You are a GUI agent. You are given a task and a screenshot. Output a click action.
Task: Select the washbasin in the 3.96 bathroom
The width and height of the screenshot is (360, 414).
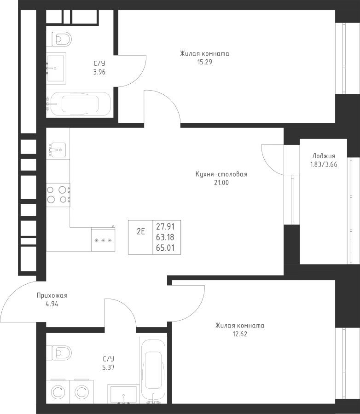56,67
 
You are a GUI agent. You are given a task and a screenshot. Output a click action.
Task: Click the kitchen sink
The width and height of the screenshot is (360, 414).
57,149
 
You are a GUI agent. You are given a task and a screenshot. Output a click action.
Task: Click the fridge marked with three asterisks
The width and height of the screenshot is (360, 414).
103,240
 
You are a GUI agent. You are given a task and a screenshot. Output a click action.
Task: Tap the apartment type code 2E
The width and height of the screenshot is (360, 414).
140,231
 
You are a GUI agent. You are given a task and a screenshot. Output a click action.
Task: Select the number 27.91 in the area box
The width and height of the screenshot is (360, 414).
168,227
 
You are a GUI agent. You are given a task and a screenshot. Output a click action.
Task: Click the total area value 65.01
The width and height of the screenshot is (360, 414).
168,249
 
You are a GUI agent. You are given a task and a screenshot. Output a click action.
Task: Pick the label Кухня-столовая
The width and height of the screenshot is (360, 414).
221,174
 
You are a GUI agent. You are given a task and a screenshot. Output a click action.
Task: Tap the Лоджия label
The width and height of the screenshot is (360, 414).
323,156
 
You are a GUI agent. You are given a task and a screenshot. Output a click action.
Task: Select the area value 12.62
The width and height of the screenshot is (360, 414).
239,333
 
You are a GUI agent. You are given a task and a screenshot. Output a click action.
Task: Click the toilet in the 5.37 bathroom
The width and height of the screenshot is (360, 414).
60,352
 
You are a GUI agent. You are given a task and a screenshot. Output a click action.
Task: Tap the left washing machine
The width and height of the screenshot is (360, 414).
58,392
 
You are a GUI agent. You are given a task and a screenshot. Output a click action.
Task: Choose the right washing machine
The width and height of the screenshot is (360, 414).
81,392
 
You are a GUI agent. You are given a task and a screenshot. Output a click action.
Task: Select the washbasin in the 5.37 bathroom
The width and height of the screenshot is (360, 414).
123,394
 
